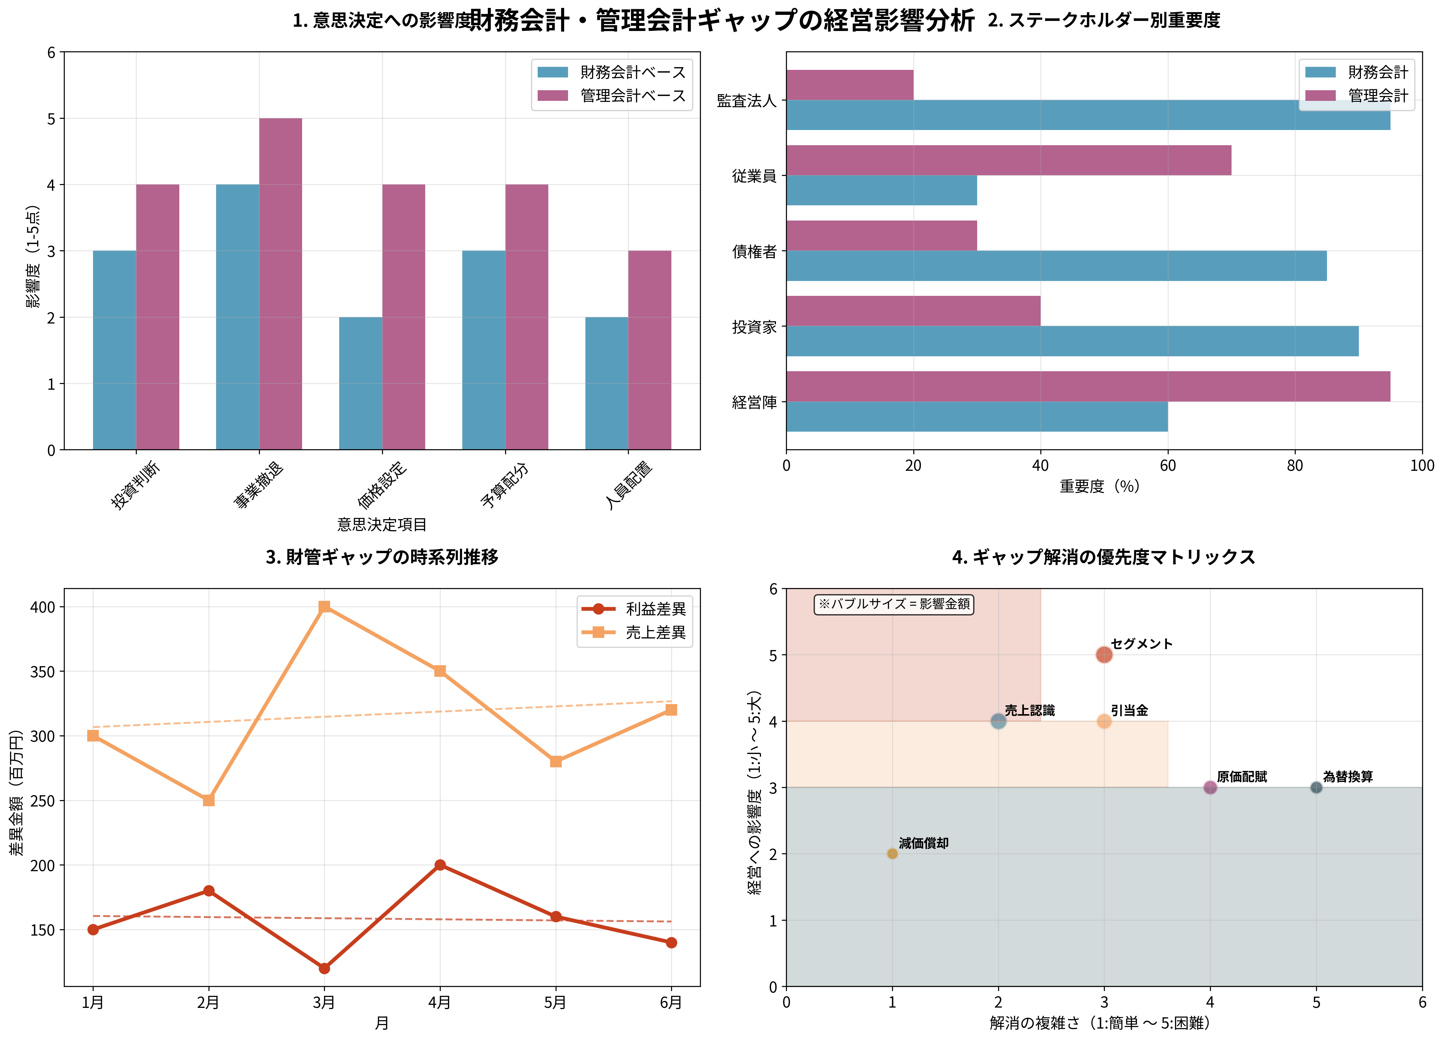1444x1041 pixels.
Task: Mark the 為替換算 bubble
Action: pos(1316,788)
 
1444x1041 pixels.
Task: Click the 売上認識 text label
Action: pos(1029,710)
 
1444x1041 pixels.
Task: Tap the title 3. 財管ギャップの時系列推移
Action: pos(382,557)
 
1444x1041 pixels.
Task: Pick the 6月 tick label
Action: pos(670,1003)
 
